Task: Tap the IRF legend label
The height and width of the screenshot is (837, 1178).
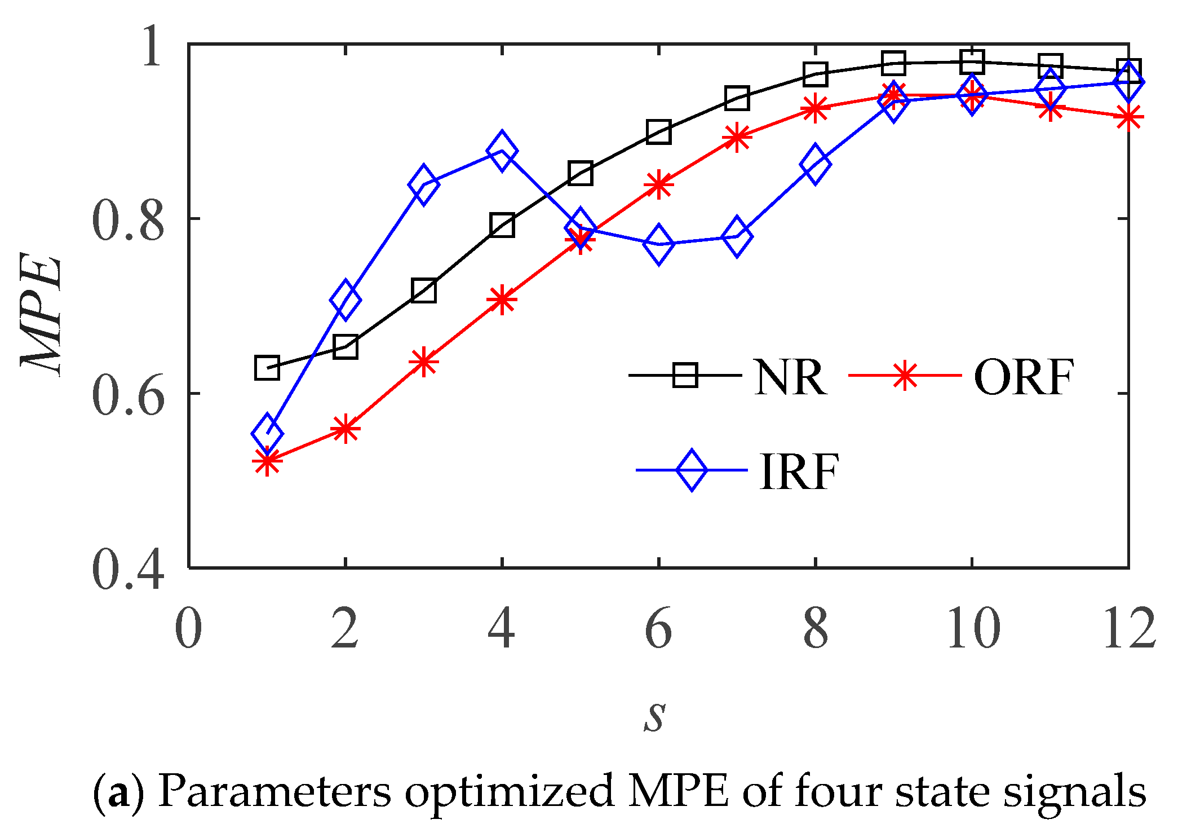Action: [799, 472]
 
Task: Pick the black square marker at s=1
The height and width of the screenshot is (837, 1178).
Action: [267, 368]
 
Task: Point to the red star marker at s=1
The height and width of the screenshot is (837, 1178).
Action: [267, 461]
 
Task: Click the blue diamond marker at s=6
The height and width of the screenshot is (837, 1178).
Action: [658, 243]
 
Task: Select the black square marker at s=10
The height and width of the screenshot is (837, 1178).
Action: [972, 61]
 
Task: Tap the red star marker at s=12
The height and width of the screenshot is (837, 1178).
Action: [1128, 118]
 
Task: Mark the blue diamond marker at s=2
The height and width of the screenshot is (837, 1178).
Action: [345, 299]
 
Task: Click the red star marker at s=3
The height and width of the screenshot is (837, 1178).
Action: [423, 362]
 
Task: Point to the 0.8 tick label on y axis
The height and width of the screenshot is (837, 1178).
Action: [128, 220]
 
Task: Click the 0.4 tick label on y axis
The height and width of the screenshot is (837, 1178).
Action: [128, 570]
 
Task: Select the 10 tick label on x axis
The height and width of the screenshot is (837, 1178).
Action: [973, 629]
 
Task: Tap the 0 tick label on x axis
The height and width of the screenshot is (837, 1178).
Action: [188, 629]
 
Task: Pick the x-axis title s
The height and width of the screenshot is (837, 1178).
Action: [655, 716]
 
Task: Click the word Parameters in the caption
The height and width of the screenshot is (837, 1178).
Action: [274, 791]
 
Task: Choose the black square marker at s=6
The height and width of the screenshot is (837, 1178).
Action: [658, 132]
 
